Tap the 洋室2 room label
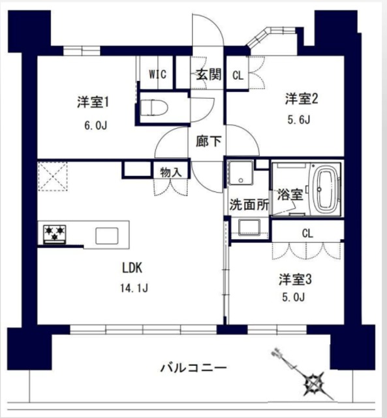click(x=301, y=99)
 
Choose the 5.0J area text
click(x=296, y=300)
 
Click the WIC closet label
click(x=157, y=74)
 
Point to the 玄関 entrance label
click(x=208, y=74)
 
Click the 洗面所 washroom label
click(x=249, y=204)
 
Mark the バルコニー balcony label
click(x=194, y=368)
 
